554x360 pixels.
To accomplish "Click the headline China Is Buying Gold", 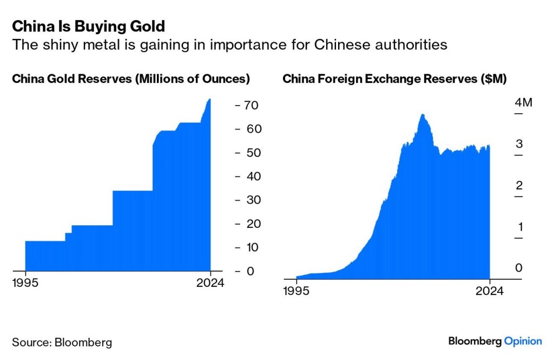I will pyautogui.click(x=89, y=26).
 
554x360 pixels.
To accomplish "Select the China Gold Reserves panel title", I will pyautogui.click(x=131, y=79).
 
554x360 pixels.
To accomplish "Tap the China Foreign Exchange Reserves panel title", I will pyautogui.click(x=394, y=79).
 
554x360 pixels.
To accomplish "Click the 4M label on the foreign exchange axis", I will pyautogui.click(x=523, y=103).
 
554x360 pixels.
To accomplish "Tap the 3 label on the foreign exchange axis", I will pyautogui.click(x=519, y=144).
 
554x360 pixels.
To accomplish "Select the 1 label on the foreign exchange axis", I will pyautogui.click(x=519, y=227).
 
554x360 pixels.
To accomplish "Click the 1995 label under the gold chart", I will pyautogui.click(x=26, y=283).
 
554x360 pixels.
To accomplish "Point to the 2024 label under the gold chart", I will pyautogui.click(x=210, y=283).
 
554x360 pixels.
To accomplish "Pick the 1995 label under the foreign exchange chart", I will pyautogui.click(x=296, y=291).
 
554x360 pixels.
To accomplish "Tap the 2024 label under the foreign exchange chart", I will pyautogui.click(x=490, y=291).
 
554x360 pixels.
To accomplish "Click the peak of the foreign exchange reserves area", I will pyautogui.click(x=423, y=115).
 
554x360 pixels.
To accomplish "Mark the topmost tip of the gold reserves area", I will pyautogui.click(x=209, y=100).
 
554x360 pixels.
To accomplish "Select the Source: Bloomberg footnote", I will pyautogui.click(x=62, y=342).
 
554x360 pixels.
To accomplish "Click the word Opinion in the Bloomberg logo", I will pyautogui.click(x=523, y=341).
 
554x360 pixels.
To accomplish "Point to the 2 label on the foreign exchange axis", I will pyautogui.click(x=519, y=186).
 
